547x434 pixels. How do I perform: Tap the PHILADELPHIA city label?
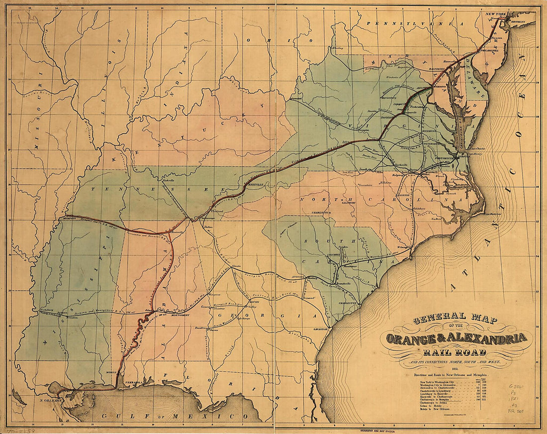[x=488, y=51]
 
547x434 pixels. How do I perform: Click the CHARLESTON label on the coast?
[x=348, y=303]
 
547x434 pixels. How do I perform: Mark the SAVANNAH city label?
[x=322, y=329]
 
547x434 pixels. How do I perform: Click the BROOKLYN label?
[x=522, y=22]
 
